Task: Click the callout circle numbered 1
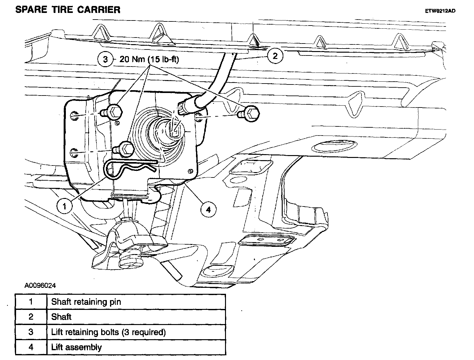(x=64, y=206)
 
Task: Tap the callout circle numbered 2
(x=275, y=56)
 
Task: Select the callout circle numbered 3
(x=105, y=59)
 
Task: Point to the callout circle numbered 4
(x=208, y=209)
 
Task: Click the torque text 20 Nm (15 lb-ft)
(x=149, y=59)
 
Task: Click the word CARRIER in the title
(x=99, y=10)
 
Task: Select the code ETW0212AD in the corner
(x=440, y=11)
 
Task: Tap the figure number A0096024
(x=40, y=286)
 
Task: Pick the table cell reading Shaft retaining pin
(x=136, y=302)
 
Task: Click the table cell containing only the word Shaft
(x=136, y=317)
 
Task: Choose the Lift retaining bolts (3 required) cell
(x=136, y=332)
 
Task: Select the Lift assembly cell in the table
(x=136, y=347)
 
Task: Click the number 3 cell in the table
(x=31, y=332)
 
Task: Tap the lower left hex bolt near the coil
(x=124, y=149)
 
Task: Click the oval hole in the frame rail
(x=334, y=146)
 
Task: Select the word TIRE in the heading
(x=62, y=10)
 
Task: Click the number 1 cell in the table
(x=31, y=302)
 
